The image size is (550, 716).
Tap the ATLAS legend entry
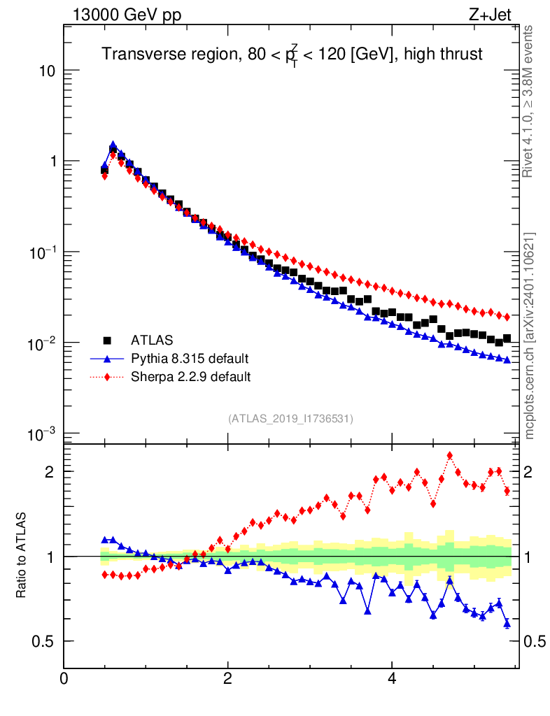click(150, 341)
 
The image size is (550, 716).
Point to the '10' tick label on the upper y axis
click(46, 71)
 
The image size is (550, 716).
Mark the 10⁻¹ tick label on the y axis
click(41, 252)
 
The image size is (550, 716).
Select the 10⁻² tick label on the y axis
click(41, 343)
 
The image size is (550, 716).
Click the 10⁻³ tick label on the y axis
click(41, 434)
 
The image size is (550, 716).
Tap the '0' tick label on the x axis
click(64, 678)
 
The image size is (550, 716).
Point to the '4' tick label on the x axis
click(392, 678)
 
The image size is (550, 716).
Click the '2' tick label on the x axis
click(228, 678)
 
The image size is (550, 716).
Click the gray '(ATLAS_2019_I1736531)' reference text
click(290, 419)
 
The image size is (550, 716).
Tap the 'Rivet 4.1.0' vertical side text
click(528, 101)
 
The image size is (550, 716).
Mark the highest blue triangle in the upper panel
click(113, 145)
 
